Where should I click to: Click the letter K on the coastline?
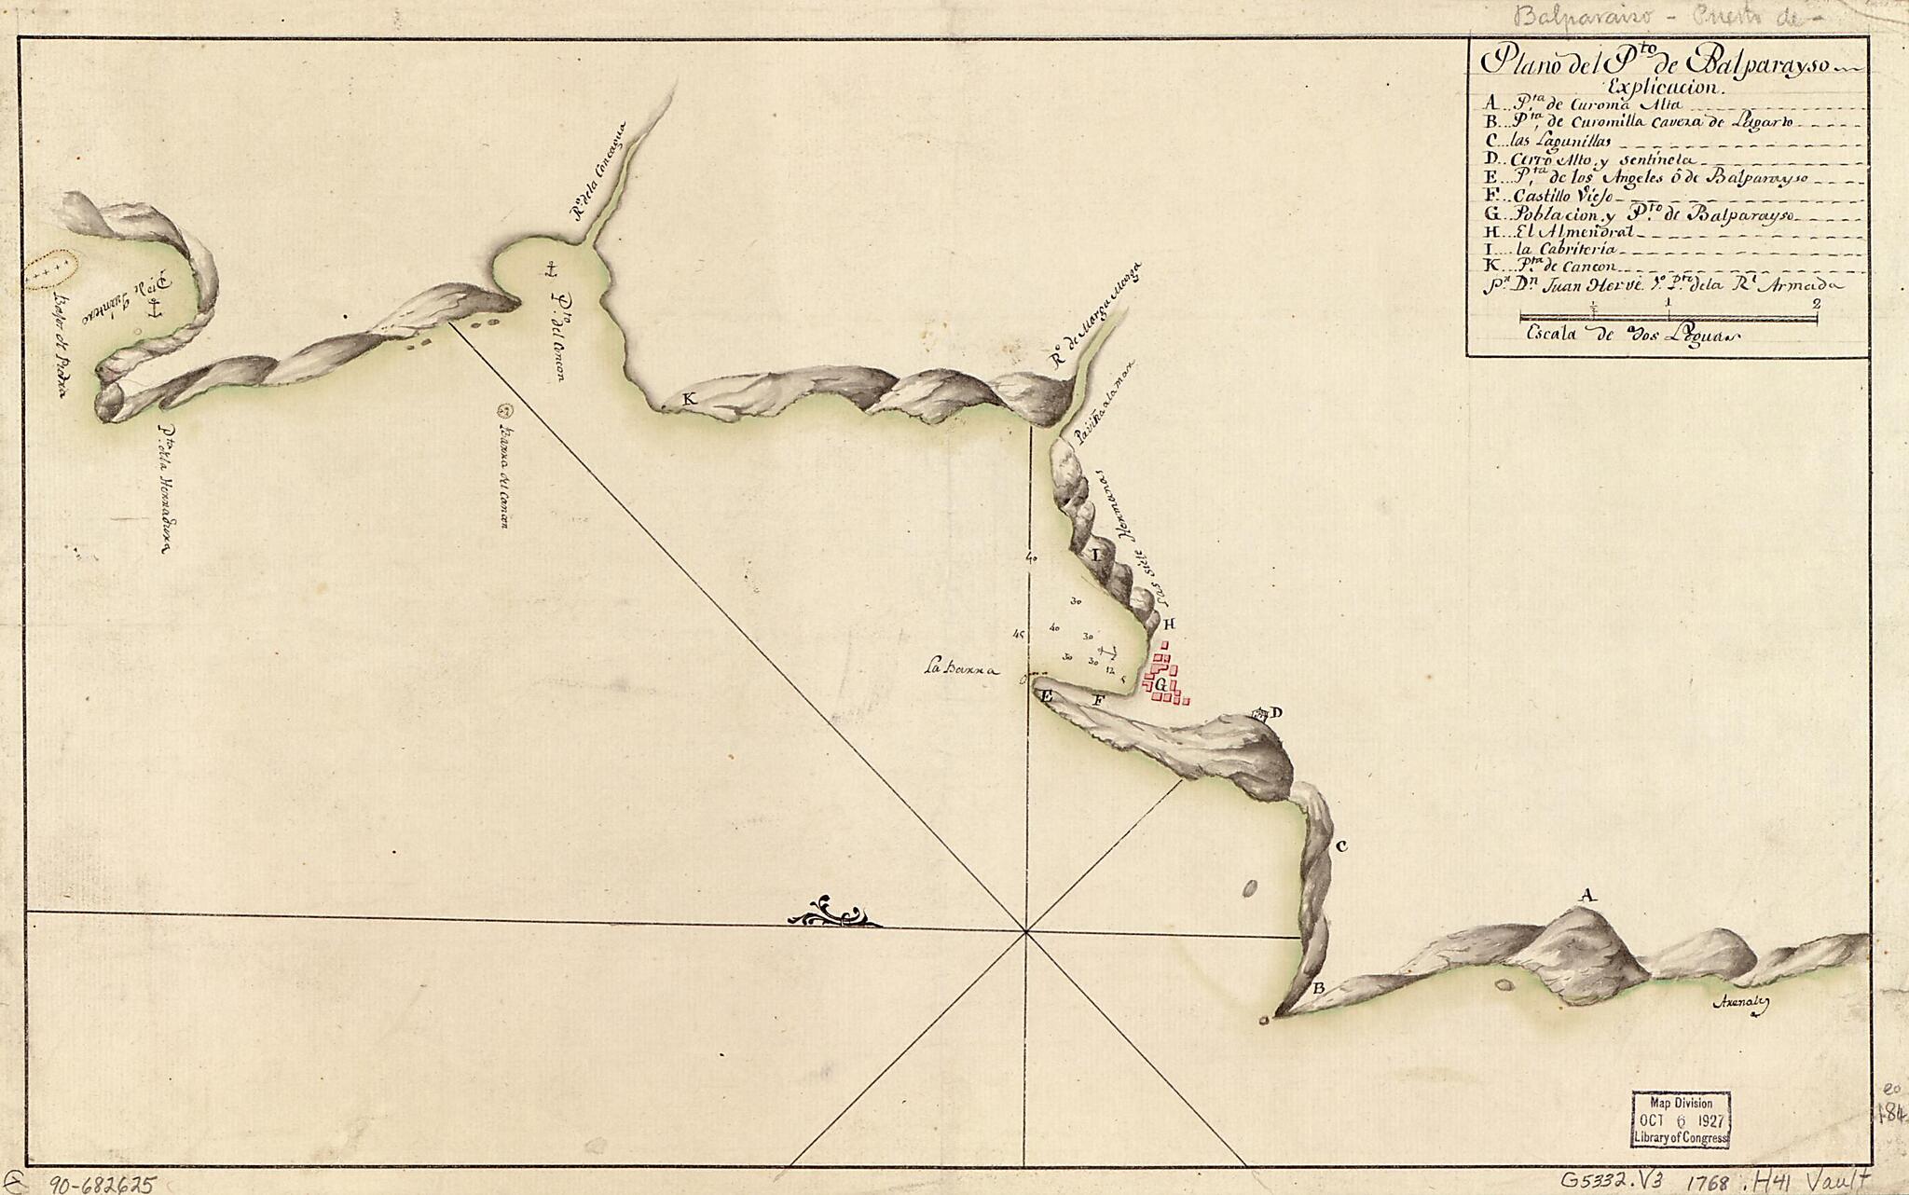(689, 399)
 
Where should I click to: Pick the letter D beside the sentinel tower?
(1276, 713)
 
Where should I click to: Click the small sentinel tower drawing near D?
(1260, 715)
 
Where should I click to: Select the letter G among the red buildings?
(1160, 683)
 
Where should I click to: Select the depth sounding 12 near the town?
(1109, 669)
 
